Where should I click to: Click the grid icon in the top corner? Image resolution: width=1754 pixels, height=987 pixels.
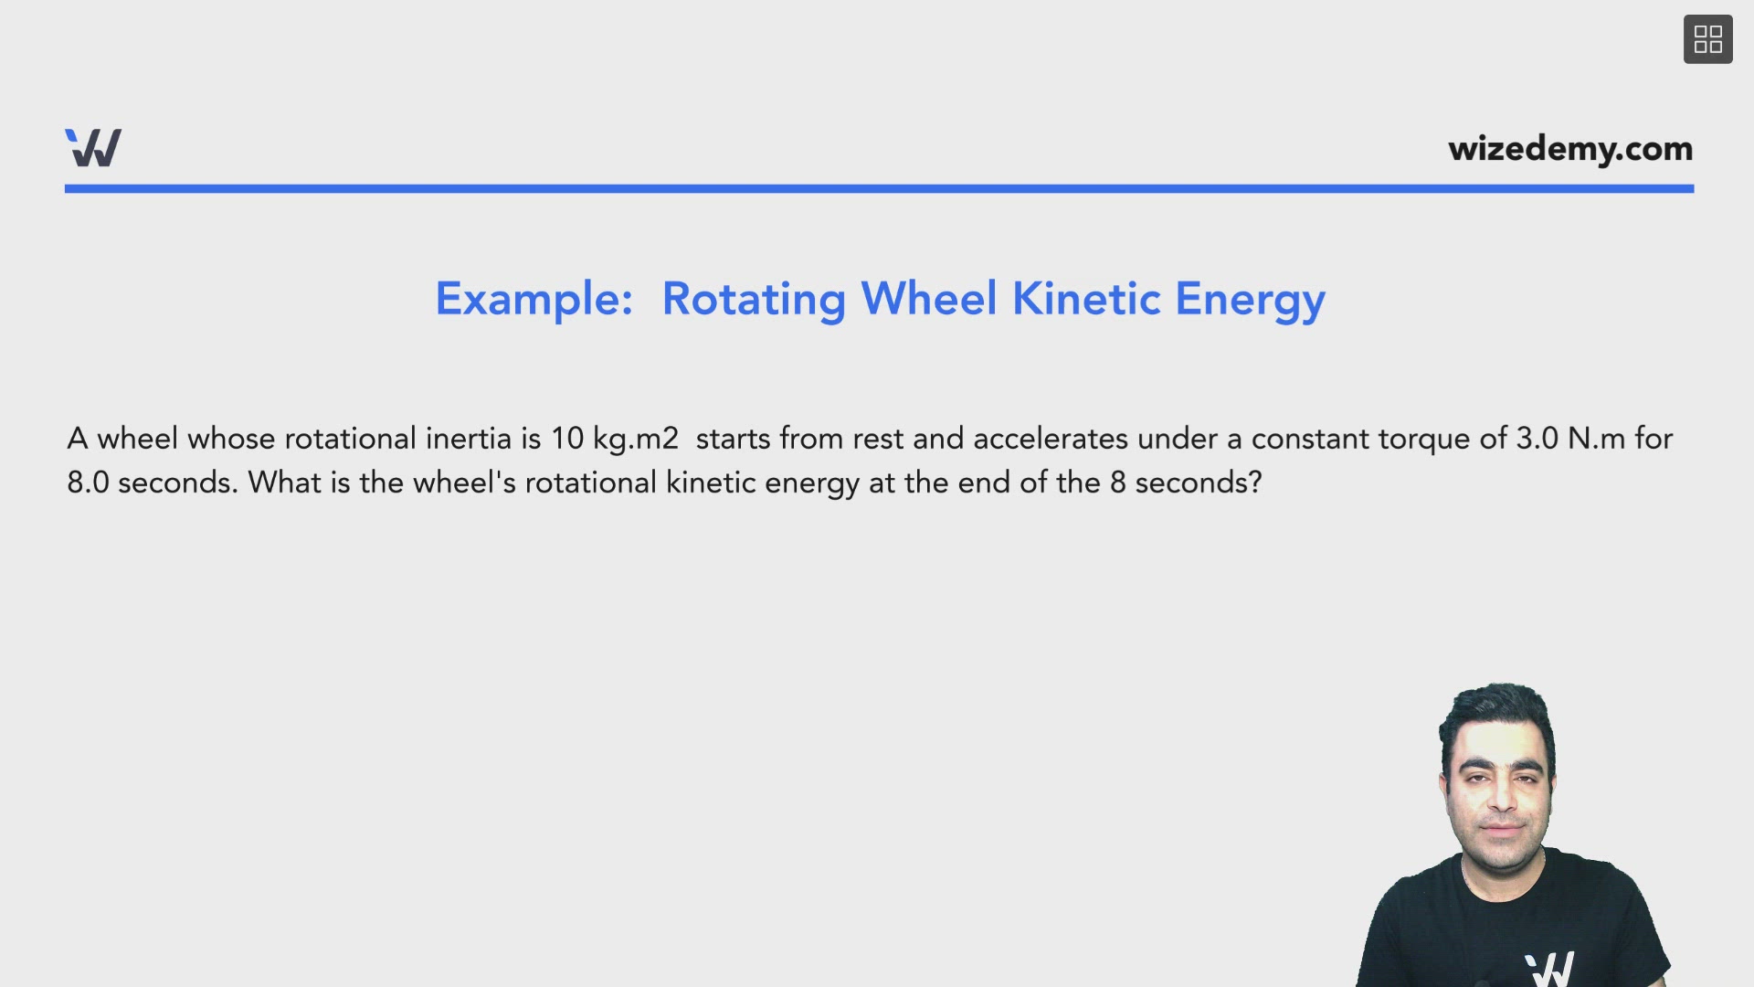click(x=1707, y=39)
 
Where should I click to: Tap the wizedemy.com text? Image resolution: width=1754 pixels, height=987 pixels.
click(x=1570, y=149)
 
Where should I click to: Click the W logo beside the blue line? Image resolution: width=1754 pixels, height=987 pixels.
click(x=93, y=148)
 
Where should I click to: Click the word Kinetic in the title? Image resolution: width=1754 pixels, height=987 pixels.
click(x=1086, y=299)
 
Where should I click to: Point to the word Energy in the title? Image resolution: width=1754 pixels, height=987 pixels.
click(x=1250, y=301)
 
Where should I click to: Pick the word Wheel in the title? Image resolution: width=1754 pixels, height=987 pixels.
click(x=928, y=299)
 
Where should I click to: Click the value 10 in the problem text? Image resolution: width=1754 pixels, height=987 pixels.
click(x=566, y=439)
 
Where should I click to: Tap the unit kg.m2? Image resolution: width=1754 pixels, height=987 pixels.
click(x=636, y=440)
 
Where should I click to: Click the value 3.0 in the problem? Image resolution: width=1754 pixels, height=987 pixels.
click(x=1537, y=439)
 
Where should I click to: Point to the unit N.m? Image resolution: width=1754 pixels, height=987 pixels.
click(x=1596, y=439)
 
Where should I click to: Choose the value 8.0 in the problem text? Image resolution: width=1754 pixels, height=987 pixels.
click(x=88, y=483)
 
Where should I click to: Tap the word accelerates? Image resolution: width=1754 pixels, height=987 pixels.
click(x=1051, y=439)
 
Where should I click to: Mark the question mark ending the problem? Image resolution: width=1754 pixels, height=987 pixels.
click(x=1254, y=483)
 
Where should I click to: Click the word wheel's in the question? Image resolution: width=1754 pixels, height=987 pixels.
click(x=464, y=483)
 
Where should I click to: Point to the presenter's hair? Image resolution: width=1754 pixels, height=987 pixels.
click(x=1496, y=711)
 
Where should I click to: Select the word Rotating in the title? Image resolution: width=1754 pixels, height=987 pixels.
click(x=754, y=301)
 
